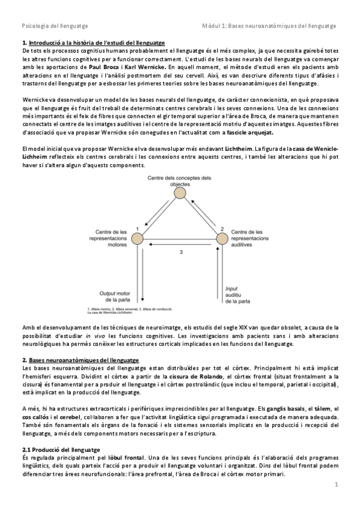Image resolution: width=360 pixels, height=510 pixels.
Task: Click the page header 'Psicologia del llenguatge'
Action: [x=55, y=26]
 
